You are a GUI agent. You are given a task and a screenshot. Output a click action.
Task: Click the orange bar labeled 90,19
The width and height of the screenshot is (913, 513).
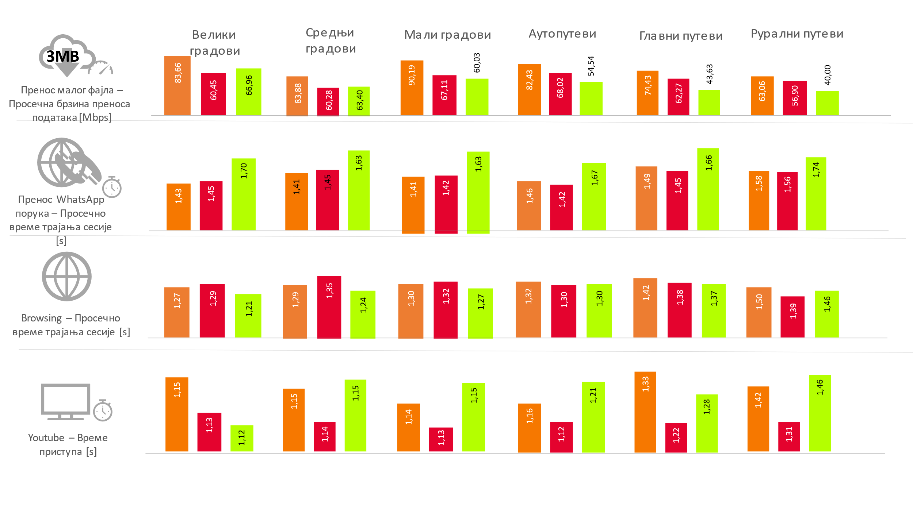[412, 88]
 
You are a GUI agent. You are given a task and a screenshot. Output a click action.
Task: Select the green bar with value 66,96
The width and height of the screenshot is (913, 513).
[249, 92]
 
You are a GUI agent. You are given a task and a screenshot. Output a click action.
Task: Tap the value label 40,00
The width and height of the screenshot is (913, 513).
[828, 75]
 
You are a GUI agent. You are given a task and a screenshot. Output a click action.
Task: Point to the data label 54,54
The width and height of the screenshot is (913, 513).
[591, 66]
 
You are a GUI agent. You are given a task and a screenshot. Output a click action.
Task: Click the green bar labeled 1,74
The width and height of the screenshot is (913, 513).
[816, 194]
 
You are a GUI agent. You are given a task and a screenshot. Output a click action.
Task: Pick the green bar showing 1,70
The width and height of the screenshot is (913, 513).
[244, 194]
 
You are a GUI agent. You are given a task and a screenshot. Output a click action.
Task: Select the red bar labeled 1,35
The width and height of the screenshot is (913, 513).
[329, 307]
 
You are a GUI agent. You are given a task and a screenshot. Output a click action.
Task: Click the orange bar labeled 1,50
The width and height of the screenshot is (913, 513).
[759, 312]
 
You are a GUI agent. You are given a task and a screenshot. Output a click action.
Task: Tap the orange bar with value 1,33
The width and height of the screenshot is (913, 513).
[645, 412]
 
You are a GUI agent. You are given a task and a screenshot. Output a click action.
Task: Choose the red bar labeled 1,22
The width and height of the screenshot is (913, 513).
[676, 437]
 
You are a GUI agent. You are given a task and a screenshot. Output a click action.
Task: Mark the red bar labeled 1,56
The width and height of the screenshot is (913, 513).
[787, 201]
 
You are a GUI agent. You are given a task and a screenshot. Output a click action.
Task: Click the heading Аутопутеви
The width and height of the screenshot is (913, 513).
[562, 34]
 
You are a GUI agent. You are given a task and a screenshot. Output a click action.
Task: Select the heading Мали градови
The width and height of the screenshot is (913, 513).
[447, 35]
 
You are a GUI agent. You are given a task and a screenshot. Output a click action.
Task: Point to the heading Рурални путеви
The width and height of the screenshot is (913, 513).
[797, 34]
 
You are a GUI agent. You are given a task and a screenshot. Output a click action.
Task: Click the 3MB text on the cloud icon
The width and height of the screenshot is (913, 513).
[63, 57]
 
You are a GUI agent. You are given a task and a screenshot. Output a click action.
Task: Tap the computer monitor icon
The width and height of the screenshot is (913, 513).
[66, 401]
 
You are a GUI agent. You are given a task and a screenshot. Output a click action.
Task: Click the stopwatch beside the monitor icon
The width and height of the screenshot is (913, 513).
[103, 410]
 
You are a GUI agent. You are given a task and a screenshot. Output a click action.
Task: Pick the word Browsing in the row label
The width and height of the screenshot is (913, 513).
[41, 318]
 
